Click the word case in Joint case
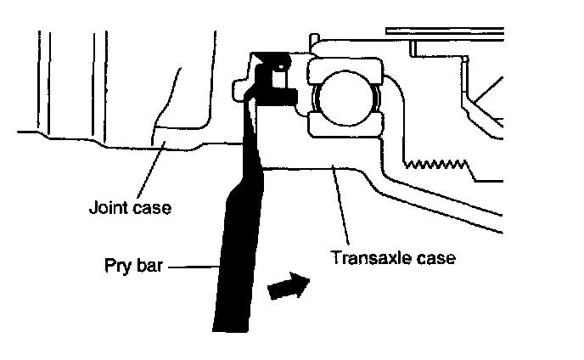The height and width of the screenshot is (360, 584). (x=151, y=206)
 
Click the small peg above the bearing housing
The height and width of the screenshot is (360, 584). (x=314, y=40)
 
